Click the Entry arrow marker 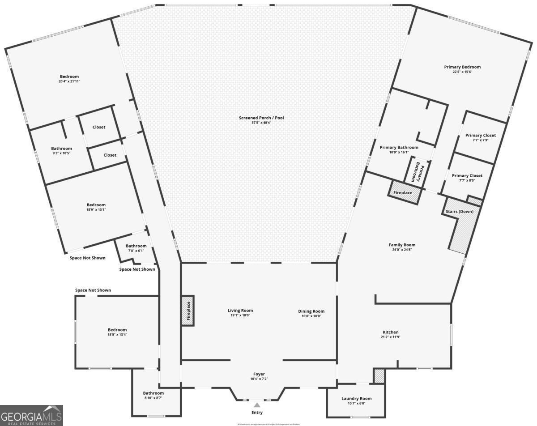pyautogui.click(x=257, y=405)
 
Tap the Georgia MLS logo pyautogui.click(x=31, y=415)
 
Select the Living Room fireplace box pyautogui.click(x=188, y=310)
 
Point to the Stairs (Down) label pyautogui.click(x=459, y=211)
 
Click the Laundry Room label pyautogui.click(x=356, y=398)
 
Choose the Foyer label pyautogui.click(x=259, y=374)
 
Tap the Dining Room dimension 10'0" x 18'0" pyautogui.click(x=311, y=315)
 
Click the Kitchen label pyautogui.click(x=390, y=332)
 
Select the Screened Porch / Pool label pyautogui.click(x=261, y=118)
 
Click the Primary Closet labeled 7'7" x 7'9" pyautogui.click(x=480, y=135)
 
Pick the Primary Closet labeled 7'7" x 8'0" pyautogui.click(x=467, y=175)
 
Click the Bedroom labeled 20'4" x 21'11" pyautogui.click(x=69, y=77)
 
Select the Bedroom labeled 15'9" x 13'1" pyautogui.click(x=96, y=205)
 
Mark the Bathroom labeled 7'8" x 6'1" pyautogui.click(x=136, y=246)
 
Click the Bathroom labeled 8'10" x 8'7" pyautogui.click(x=153, y=393)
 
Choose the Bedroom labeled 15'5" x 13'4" pyautogui.click(x=117, y=330)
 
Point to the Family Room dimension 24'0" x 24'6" pyautogui.click(x=402, y=250)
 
